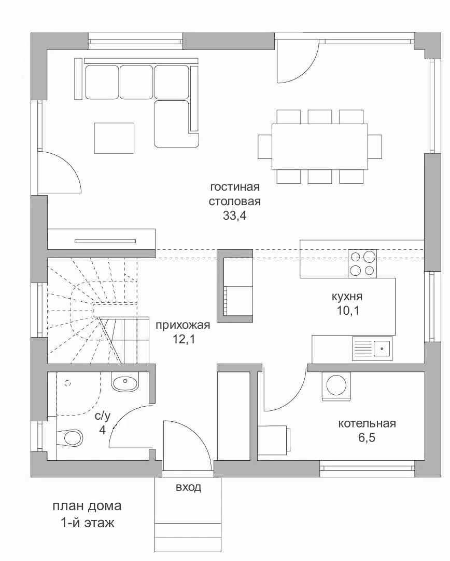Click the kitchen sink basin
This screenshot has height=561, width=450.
click(382, 348)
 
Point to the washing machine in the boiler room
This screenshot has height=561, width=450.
click(336, 385)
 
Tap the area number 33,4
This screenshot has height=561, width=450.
click(235, 216)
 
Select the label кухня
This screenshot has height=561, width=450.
click(347, 297)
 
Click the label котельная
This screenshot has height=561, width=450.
click(367, 424)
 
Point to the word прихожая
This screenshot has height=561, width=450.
click(182, 325)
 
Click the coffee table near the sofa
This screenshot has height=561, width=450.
click(114, 138)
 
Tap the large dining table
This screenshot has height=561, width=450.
click(320, 146)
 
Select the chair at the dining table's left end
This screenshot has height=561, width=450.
click(264, 146)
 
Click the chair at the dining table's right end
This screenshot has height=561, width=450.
click(375, 146)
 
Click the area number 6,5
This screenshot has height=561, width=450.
click(367, 437)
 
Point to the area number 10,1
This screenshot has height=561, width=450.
click(348, 311)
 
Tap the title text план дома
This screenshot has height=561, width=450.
click(87, 506)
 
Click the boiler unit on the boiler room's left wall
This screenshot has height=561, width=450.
click(274, 439)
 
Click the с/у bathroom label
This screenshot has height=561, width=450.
click(102, 416)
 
